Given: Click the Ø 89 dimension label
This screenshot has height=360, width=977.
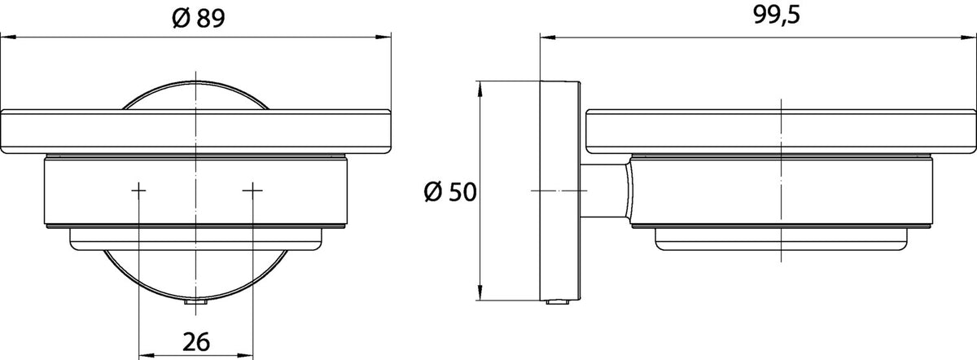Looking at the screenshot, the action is pyautogui.click(x=199, y=19).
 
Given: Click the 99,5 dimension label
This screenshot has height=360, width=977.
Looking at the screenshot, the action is pyautogui.click(x=777, y=15).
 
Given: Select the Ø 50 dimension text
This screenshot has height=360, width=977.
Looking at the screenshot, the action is pyautogui.click(x=450, y=192).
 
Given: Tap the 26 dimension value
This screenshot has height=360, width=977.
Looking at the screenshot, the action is pyautogui.click(x=196, y=341).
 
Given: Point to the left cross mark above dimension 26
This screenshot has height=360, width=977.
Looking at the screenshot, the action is pyautogui.click(x=138, y=191).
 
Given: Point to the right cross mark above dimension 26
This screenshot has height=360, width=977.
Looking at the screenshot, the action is pyautogui.click(x=252, y=191).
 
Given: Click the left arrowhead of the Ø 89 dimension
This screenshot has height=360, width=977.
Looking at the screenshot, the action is pyautogui.click(x=8, y=37).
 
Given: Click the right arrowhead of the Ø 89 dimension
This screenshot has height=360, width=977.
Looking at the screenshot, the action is pyautogui.click(x=383, y=37).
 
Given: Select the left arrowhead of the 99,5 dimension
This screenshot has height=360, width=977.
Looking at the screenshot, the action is pyautogui.click(x=548, y=38).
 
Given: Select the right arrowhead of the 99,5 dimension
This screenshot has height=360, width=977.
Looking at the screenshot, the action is pyautogui.click(x=968, y=38).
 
